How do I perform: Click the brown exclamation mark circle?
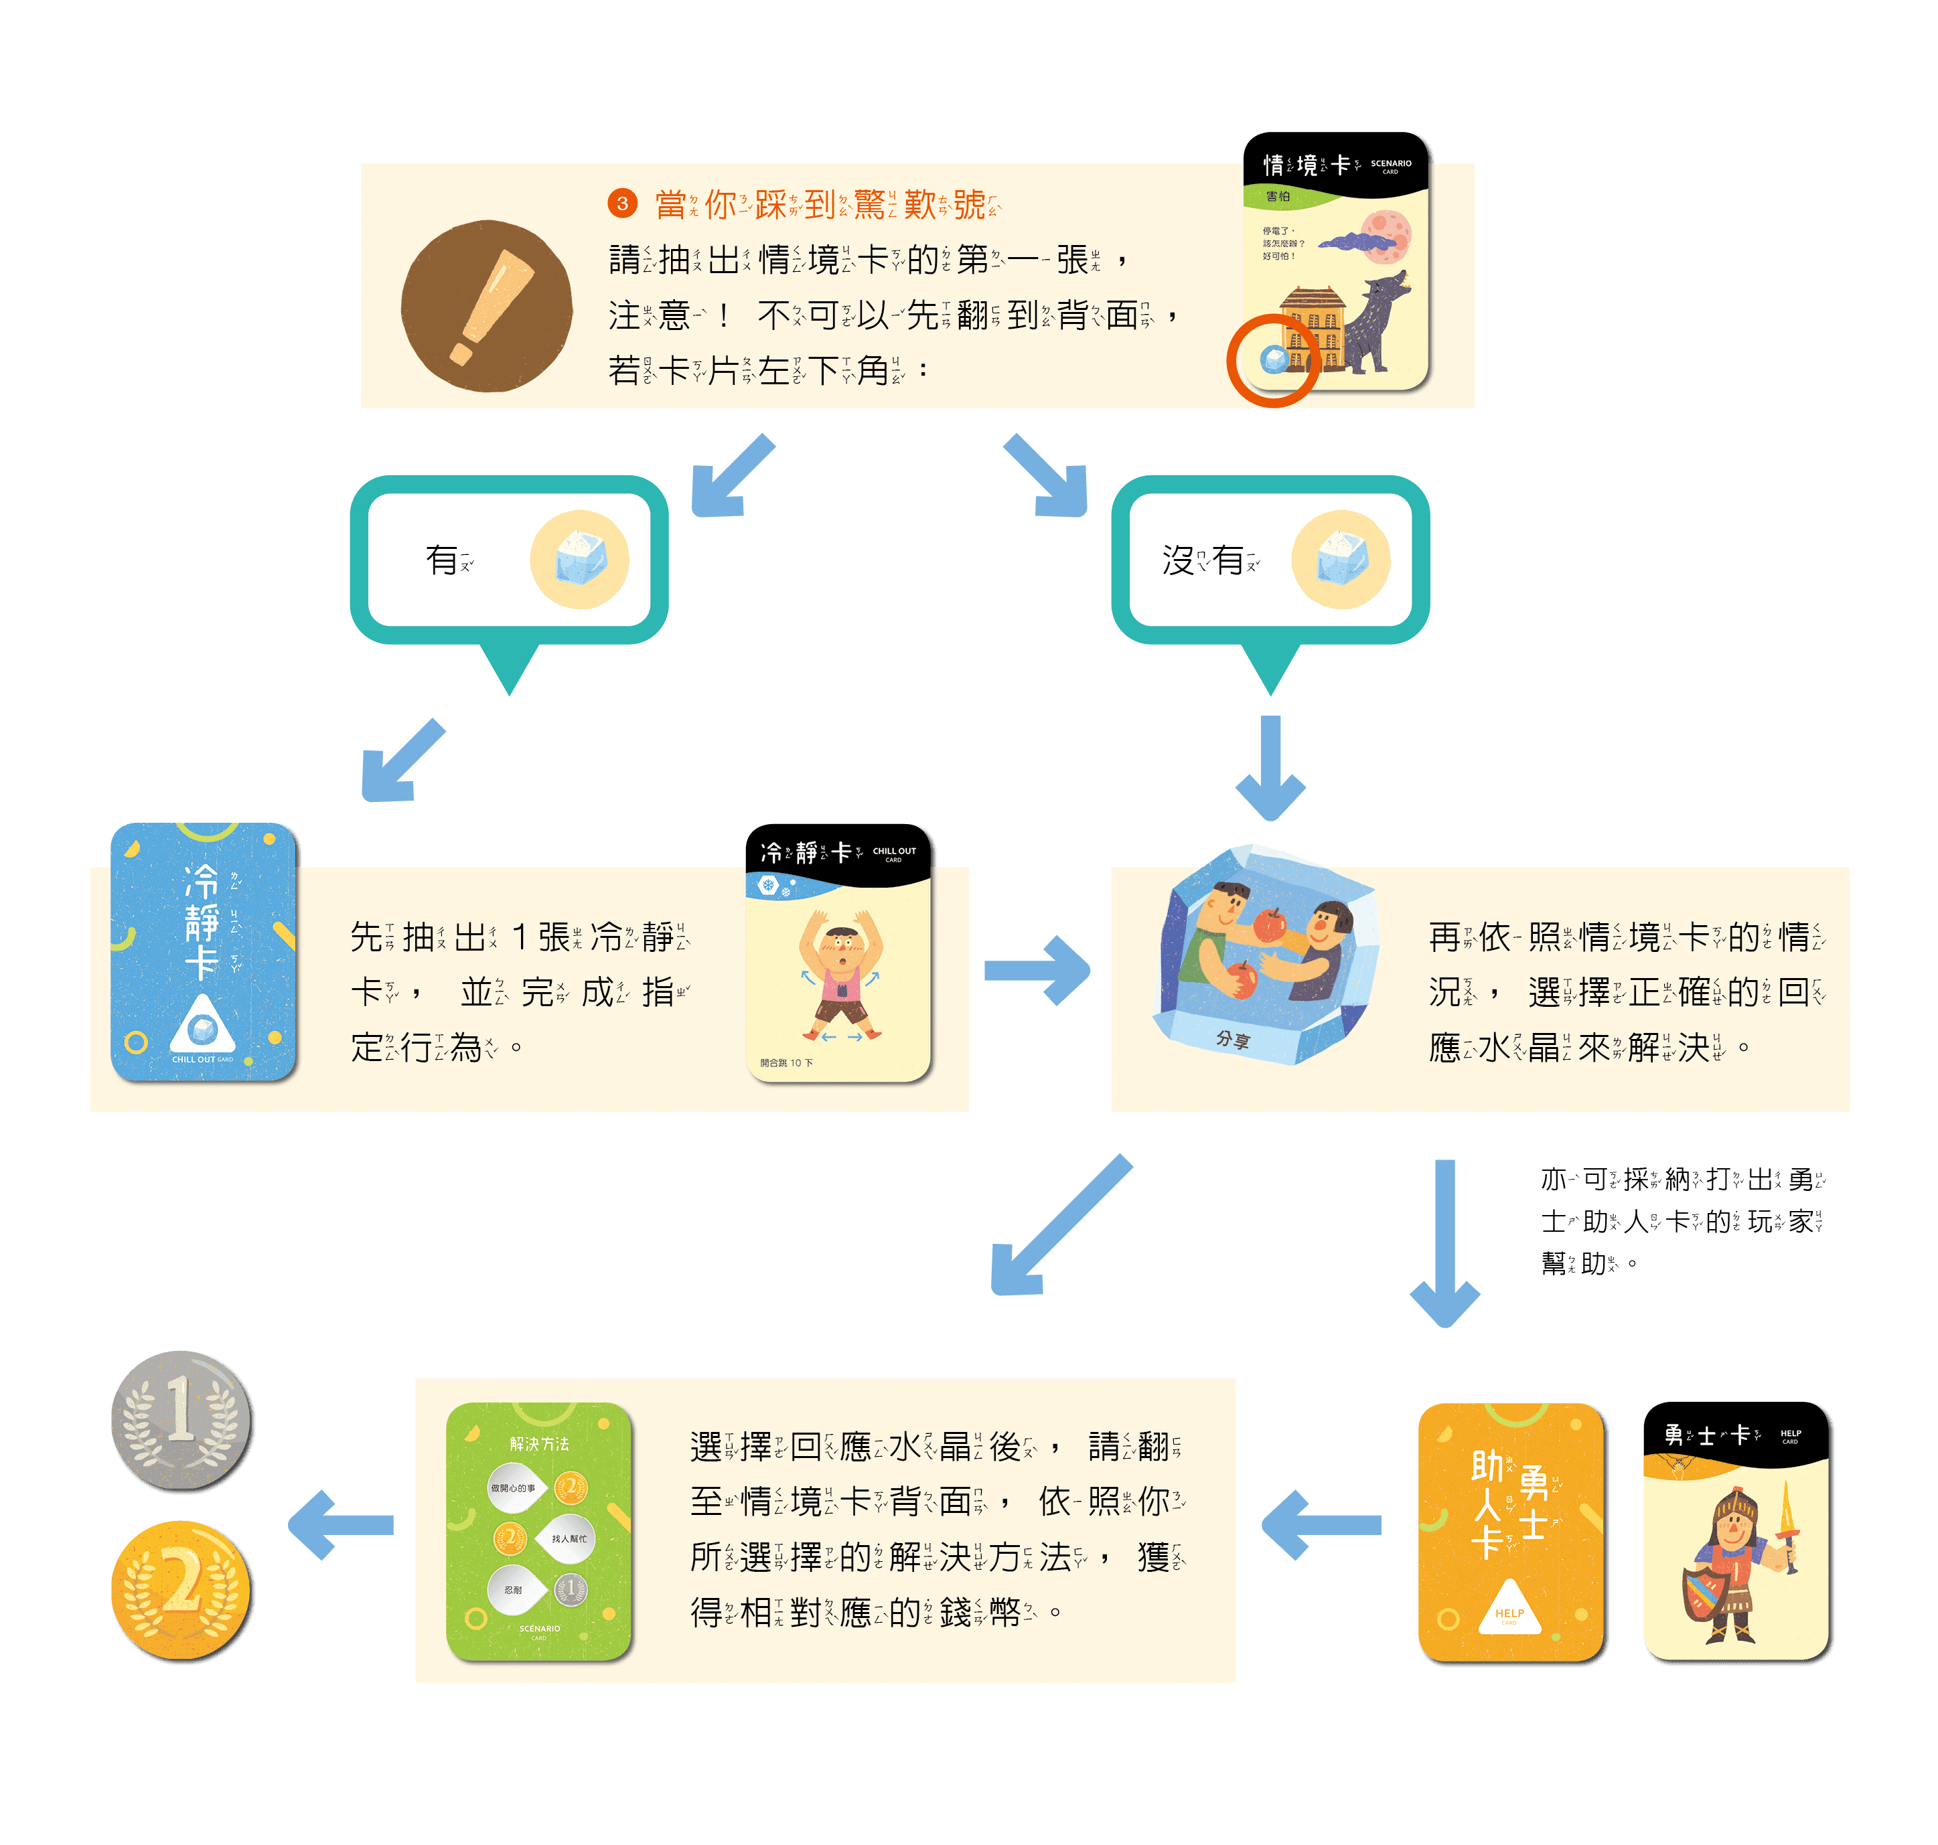[x=486, y=306]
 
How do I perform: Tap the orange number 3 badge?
[x=621, y=204]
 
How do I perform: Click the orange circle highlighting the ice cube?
[x=1273, y=360]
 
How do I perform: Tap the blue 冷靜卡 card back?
[x=204, y=952]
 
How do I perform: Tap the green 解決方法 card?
[x=538, y=1530]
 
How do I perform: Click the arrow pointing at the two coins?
[x=340, y=1524]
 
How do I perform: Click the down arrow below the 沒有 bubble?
[x=1271, y=767]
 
